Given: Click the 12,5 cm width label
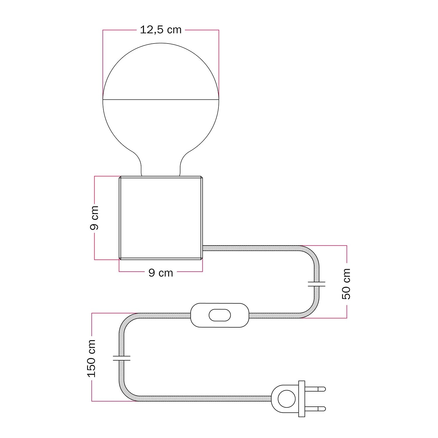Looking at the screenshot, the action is (161, 30).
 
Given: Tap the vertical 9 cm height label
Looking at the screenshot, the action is (94, 218).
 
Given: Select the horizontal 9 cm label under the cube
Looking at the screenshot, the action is (161, 273).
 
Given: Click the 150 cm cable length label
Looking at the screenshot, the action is (91, 358).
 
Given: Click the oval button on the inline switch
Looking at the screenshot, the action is (220, 315).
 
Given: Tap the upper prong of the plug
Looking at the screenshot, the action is (315, 389).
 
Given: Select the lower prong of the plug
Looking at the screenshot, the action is (315, 409).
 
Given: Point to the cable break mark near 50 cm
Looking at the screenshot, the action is (317, 284).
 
